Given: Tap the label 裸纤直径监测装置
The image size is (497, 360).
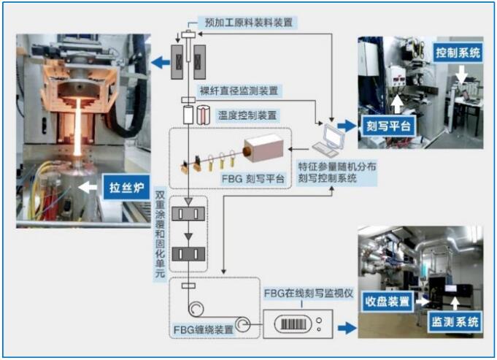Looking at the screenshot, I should [237, 91].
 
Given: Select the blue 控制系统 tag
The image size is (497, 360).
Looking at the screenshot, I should [458, 53].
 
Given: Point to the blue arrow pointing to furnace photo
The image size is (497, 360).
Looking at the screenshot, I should [158, 64].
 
